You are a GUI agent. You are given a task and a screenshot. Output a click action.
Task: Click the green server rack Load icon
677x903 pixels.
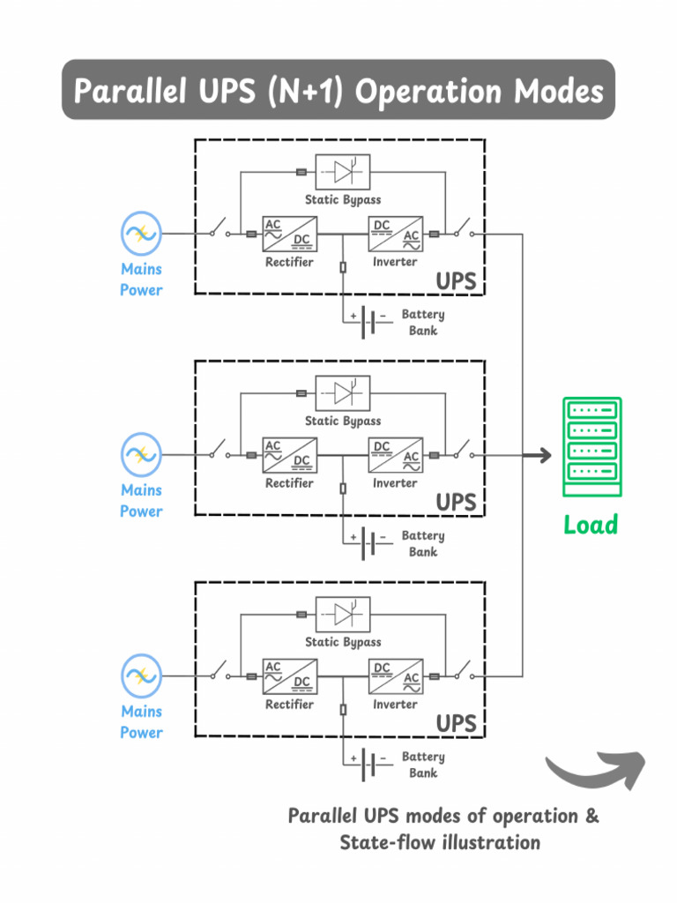591,447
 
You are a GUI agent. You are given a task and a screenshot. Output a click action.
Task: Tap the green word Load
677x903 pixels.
591,526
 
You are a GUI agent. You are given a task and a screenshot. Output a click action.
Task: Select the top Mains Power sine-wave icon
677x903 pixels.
141,234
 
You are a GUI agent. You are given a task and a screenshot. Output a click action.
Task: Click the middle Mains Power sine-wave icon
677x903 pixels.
141,455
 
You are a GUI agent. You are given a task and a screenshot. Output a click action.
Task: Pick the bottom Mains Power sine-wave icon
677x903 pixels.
141,676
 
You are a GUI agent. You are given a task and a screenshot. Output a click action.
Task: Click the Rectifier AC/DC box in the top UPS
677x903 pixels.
289,234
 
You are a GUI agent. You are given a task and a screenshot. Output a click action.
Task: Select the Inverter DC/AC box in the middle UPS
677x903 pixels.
395,455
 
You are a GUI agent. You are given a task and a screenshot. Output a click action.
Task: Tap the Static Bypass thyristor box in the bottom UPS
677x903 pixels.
342,614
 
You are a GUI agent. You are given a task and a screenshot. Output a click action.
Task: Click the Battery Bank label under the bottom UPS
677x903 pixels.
423,765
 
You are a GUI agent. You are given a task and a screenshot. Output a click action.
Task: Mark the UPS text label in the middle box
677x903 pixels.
456,503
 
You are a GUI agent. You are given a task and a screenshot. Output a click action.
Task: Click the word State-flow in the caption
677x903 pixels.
388,842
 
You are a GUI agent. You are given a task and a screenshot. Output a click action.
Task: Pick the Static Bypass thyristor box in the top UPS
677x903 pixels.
342,171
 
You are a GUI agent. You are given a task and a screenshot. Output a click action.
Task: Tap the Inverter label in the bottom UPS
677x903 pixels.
395,705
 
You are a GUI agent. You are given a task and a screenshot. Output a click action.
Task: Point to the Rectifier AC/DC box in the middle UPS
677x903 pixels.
289,455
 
